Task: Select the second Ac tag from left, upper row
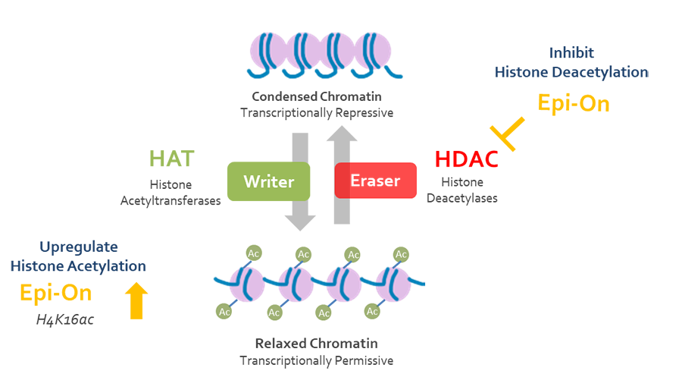[x=304, y=253]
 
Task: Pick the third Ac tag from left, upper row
[x=352, y=253]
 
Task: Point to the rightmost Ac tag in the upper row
[x=401, y=253]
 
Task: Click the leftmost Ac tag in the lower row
[x=224, y=312]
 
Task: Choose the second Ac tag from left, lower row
[x=274, y=312]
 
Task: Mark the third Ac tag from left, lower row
[x=324, y=312]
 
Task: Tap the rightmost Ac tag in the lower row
[x=372, y=312]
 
